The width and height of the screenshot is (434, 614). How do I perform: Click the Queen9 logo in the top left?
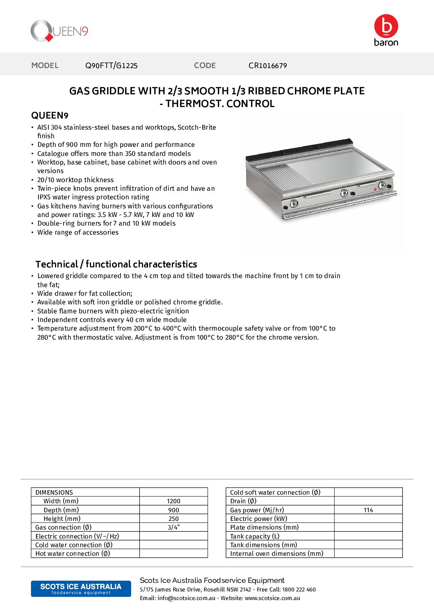[x=59, y=31]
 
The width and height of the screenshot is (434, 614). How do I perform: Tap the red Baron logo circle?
[x=386, y=26]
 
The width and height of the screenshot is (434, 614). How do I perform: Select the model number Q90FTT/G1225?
[x=111, y=66]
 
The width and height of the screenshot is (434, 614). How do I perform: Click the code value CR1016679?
[x=267, y=66]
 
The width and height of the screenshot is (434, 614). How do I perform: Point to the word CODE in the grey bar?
[x=205, y=66]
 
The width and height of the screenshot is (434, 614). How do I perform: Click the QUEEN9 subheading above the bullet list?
[x=50, y=116]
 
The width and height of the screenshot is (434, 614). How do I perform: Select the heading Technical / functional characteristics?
[x=116, y=264]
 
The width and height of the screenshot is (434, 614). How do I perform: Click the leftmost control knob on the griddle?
[x=294, y=203]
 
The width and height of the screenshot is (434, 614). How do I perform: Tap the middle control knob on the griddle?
[x=344, y=193]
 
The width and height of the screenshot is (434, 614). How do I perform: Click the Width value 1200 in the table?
[x=174, y=501]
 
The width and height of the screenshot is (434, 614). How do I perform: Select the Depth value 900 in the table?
[x=174, y=510]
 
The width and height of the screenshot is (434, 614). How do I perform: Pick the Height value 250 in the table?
[x=174, y=519]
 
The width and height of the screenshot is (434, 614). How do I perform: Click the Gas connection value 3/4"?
[x=174, y=527]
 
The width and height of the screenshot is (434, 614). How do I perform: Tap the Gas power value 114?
[x=368, y=510]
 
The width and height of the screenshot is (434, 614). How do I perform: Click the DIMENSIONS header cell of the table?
[x=54, y=493]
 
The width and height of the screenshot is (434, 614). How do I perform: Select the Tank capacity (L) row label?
[x=255, y=536]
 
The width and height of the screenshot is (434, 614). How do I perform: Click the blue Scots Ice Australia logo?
[x=81, y=589]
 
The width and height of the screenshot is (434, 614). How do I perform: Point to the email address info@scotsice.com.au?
[x=186, y=598]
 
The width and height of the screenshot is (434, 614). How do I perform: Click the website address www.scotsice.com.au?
[x=272, y=598]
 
